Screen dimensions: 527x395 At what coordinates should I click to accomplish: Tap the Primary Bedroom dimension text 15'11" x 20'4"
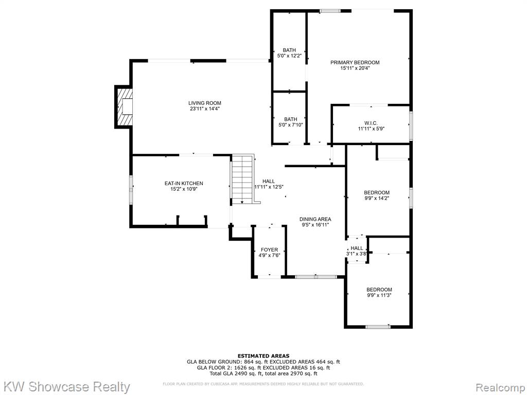(x=355, y=68)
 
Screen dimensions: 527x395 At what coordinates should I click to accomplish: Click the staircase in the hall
(x=243, y=179)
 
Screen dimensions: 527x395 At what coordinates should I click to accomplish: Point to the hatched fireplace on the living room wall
(x=124, y=107)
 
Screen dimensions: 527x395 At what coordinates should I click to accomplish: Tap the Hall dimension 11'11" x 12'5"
(x=269, y=187)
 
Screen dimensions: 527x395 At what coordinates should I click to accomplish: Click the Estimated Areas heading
(x=263, y=356)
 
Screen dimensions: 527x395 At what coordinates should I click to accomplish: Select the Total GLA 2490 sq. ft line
(x=263, y=373)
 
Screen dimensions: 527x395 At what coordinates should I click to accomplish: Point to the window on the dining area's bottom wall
(x=316, y=277)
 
